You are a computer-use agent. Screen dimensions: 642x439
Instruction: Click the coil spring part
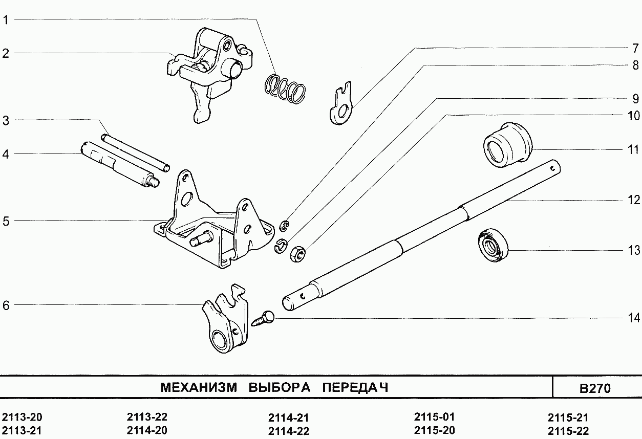pyautogui.click(x=285, y=89)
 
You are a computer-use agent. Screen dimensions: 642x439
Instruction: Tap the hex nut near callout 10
pyautogui.click(x=297, y=253)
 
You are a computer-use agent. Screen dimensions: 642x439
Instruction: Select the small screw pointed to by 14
pyautogui.click(x=263, y=319)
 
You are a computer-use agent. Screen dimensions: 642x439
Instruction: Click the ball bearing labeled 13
pyautogui.click(x=493, y=245)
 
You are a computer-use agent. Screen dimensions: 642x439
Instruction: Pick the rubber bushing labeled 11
pyautogui.click(x=507, y=145)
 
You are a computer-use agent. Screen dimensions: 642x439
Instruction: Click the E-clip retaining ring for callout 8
pyautogui.click(x=284, y=226)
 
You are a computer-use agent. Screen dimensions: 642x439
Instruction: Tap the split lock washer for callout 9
pyautogui.click(x=281, y=246)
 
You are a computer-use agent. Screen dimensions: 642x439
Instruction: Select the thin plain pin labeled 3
pyautogui.click(x=135, y=153)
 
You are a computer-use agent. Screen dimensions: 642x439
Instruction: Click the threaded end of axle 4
pyautogui.click(x=154, y=182)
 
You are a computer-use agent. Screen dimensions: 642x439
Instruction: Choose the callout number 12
pyautogui.click(x=634, y=200)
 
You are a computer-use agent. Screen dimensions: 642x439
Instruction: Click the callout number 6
pyautogui.click(x=6, y=305)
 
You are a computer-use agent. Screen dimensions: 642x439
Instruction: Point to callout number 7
pyautogui.click(x=635, y=48)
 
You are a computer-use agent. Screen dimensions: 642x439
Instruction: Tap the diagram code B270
pyautogui.click(x=595, y=388)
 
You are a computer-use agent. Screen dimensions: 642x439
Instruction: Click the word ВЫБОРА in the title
pyautogui.click(x=280, y=387)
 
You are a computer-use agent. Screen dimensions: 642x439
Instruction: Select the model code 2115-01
pyautogui.click(x=434, y=417)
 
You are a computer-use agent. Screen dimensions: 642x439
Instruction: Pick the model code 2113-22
pyautogui.click(x=147, y=417)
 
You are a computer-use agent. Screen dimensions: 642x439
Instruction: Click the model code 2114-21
pyautogui.click(x=289, y=418)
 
